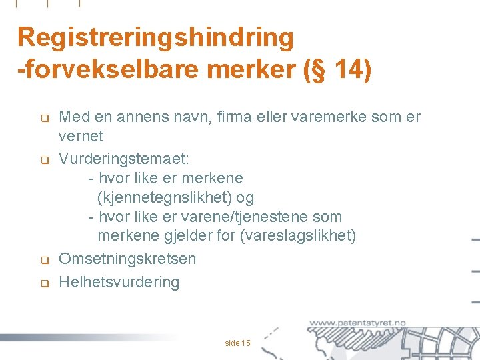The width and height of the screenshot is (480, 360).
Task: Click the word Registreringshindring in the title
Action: point(155,38)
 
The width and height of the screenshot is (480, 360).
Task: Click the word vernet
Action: point(81,136)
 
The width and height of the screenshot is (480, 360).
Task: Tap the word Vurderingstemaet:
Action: point(125,159)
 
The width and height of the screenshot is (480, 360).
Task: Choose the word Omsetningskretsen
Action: point(127,259)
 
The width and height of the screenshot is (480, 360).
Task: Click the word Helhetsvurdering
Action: point(119,282)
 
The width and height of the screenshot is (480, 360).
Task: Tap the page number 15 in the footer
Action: point(246,325)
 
